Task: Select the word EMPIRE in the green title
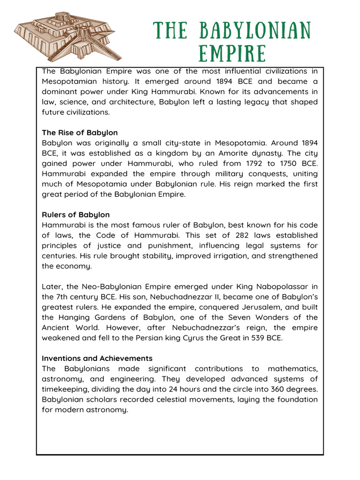coord(232,53)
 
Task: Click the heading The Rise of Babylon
coord(80,133)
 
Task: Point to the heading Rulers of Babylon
coord(75,215)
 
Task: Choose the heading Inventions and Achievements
coord(97,358)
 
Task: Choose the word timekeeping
coord(66,389)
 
